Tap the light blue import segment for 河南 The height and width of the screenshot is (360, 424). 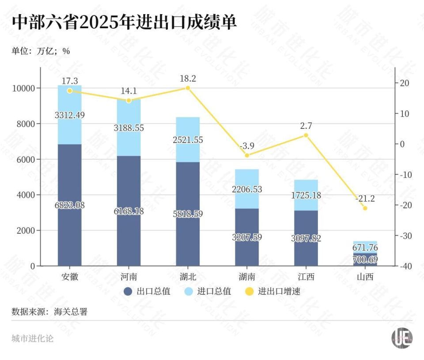[x=129, y=128]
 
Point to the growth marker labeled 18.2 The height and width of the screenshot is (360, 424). [x=188, y=88]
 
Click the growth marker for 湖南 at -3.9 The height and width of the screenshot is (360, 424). [x=247, y=155]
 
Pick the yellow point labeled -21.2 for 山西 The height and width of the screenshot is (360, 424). [x=365, y=208]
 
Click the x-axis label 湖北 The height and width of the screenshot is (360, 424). [x=188, y=277]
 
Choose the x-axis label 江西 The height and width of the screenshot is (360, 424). [x=306, y=277]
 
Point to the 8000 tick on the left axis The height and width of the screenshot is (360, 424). [x=26, y=124]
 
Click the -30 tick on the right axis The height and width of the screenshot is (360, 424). [x=405, y=236]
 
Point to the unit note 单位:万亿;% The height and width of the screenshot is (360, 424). [x=41, y=51]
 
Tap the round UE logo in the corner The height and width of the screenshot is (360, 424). [x=401, y=338]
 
